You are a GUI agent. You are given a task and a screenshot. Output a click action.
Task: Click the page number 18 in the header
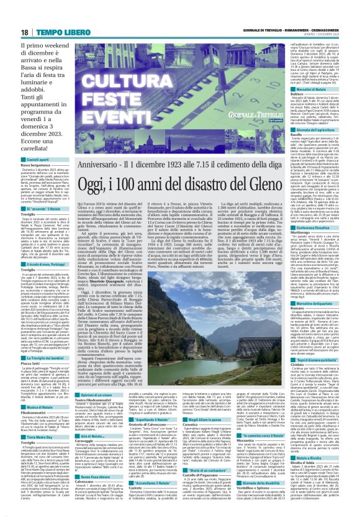tap(11, 13)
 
